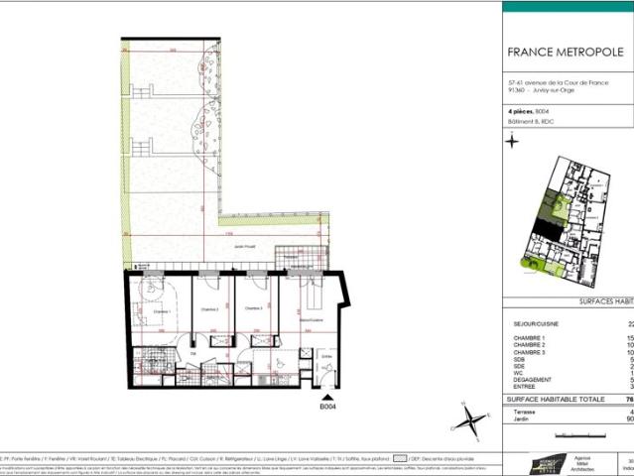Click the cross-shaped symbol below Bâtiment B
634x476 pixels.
pos(512,141)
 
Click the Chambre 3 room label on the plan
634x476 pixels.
pos(257,309)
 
